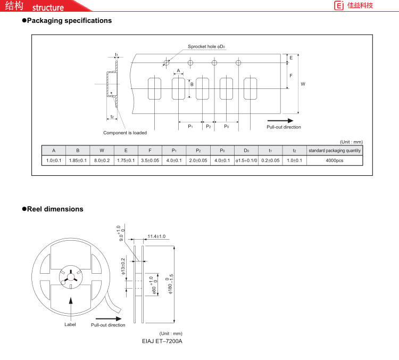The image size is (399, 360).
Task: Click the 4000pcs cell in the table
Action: [x=335, y=160]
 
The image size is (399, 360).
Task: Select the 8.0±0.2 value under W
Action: [x=102, y=160]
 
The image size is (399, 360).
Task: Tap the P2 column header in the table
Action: [x=198, y=151]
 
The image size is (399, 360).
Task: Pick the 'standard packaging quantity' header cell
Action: [x=335, y=151]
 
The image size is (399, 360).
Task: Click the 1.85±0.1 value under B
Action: [x=78, y=160]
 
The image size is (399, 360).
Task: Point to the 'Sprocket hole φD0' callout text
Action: [x=206, y=47]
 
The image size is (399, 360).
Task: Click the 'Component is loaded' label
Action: [x=125, y=133]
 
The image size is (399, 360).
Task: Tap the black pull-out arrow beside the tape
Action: [x=280, y=120]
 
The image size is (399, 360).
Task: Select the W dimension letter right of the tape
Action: [x=303, y=84]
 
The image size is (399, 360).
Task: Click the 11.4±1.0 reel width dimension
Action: [x=156, y=236]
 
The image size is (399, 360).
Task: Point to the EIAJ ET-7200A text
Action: [x=162, y=341]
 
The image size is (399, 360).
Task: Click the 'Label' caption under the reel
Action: [x=70, y=324]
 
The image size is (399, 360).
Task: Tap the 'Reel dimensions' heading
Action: [x=55, y=209]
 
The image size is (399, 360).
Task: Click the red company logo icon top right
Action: [x=339, y=5]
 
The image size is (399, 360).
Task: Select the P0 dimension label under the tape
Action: [x=227, y=126]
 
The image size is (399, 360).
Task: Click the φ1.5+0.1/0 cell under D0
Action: [x=246, y=160]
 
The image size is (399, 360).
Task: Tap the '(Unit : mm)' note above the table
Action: [x=352, y=142]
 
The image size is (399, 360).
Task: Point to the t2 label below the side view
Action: [x=112, y=117]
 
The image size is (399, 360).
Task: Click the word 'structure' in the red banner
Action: [x=48, y=7]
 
